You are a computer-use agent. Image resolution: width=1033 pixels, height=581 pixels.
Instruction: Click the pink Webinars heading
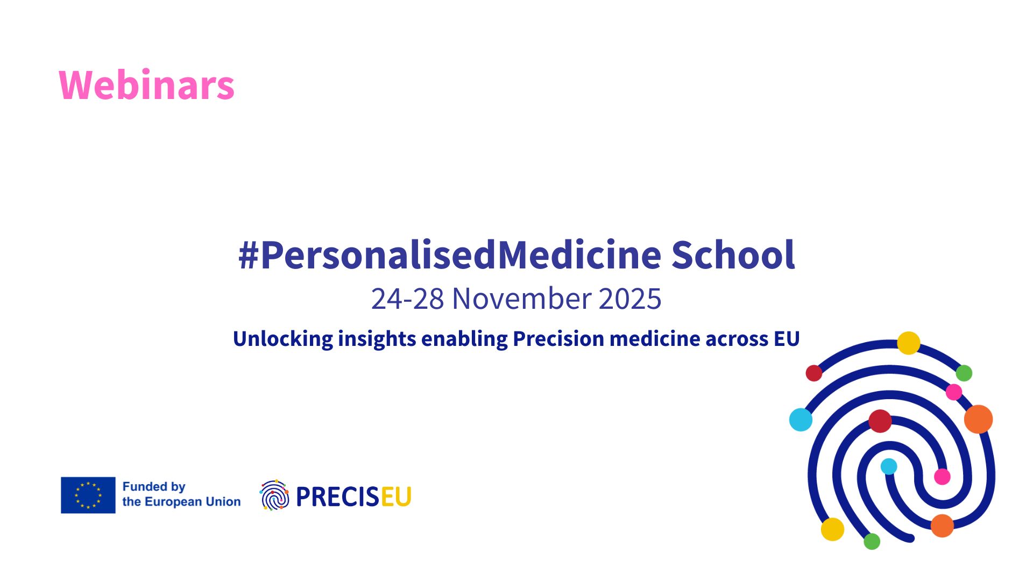coord(146,85)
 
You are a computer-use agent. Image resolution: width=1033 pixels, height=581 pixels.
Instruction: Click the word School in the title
coord(733,254)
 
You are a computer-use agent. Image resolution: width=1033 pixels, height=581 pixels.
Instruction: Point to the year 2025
coord(630,299)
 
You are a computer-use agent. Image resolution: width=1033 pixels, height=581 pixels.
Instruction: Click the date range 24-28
coord(407,299)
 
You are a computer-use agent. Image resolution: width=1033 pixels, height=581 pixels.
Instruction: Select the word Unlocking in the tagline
coord(283,339)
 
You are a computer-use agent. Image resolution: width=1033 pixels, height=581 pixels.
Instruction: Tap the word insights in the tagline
coord(377,339)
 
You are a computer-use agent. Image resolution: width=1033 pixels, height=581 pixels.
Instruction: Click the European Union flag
coord(88,495)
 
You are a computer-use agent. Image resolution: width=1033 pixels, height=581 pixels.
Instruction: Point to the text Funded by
coord(154,487)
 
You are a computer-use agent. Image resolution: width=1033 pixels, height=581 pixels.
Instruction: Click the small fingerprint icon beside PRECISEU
coord(274,495)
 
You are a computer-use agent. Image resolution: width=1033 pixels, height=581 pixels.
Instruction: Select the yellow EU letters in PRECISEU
coord(396,497)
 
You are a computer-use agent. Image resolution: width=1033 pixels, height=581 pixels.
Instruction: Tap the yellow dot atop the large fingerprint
coord(909,343)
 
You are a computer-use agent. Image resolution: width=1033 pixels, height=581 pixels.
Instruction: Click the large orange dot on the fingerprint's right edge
coord(978,419)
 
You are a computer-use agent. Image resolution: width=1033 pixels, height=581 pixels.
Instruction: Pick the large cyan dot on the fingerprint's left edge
coord(801,420)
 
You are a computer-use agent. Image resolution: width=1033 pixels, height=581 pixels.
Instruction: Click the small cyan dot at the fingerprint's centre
coord(889,466)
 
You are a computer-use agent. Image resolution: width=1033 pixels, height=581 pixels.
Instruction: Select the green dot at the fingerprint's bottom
coord(872,541)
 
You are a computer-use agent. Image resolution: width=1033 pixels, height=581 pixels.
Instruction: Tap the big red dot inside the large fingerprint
coord(880,421)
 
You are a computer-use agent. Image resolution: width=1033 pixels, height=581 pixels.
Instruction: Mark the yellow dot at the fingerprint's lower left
coord(832,529)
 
